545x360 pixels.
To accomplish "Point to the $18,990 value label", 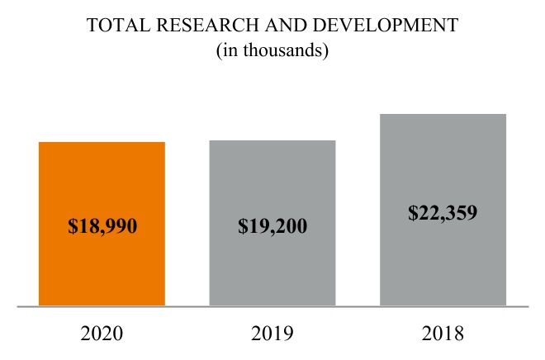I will [x=102, y=225].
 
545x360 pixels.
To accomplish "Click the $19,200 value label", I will [x=272, y=225].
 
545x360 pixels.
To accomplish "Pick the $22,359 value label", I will [x=443, y=212].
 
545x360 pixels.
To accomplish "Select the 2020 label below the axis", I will [x=102, y=334].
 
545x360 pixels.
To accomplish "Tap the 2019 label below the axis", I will [x=272, y=334].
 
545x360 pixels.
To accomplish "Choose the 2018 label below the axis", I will [x=443, y=334].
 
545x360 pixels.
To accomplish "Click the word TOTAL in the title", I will [x=117, y=26].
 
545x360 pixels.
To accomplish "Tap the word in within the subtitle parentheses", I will [x=228, y=51].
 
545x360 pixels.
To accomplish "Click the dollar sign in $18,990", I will [x=72, y=225].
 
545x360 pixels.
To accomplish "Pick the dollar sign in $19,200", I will [x=242, y=225].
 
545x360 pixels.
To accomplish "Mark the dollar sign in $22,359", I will [x=412, y=212].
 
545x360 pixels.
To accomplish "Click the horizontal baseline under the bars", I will [x=272, y=306].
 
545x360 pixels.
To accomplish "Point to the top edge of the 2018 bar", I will [x=443, y=114].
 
